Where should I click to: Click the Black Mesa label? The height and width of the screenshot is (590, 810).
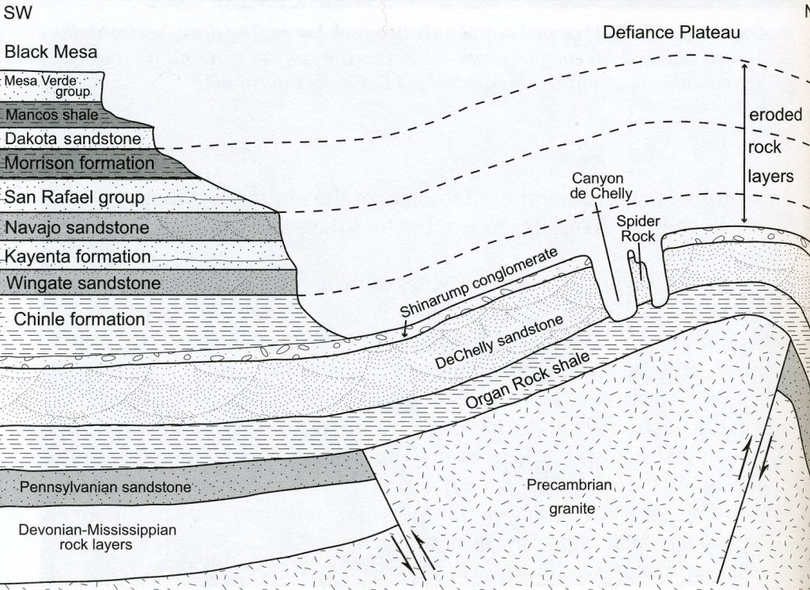pos(51,53)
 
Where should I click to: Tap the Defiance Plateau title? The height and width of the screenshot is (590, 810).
pos(671,32)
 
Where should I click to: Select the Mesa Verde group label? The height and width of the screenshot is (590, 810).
pos(50,86)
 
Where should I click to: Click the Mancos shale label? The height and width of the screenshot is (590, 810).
pos(52,116)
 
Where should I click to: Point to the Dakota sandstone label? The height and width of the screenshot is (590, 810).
pos(73,139)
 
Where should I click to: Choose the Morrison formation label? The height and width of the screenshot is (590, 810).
pos(79,164)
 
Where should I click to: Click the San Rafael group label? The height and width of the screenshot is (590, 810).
pos(74,197)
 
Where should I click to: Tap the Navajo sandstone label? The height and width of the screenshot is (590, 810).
pos(77,228)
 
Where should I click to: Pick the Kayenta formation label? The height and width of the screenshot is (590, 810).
pos(78,257)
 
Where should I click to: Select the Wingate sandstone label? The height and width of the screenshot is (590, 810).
pos(83,283)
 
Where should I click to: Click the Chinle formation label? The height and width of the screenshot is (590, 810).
pos(79,319)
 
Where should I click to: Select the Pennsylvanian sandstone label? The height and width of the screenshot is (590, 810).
pos(106,486)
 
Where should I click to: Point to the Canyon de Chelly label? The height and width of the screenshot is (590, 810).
pos(603,186)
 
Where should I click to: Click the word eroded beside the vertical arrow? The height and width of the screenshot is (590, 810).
pos(775,115)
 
